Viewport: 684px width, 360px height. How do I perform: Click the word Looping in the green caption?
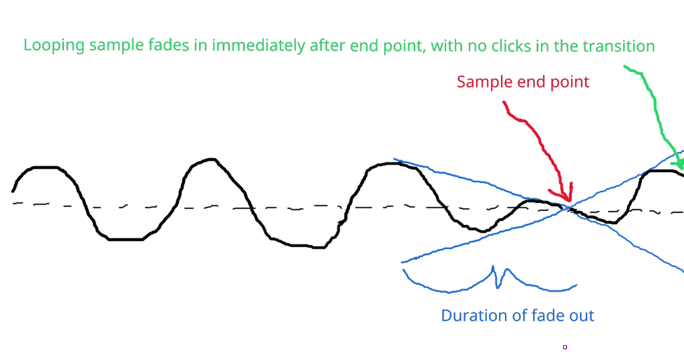coord(53,46)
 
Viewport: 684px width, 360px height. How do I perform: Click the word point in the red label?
coord(570,82)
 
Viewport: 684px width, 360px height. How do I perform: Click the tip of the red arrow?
coord(568,200)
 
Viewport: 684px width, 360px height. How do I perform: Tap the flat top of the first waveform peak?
coord(43,167)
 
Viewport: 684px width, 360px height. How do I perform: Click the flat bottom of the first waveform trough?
coord(125,238)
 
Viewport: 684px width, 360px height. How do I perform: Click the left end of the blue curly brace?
coord(403,270)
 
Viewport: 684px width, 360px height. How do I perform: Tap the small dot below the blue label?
coord(565,347)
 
